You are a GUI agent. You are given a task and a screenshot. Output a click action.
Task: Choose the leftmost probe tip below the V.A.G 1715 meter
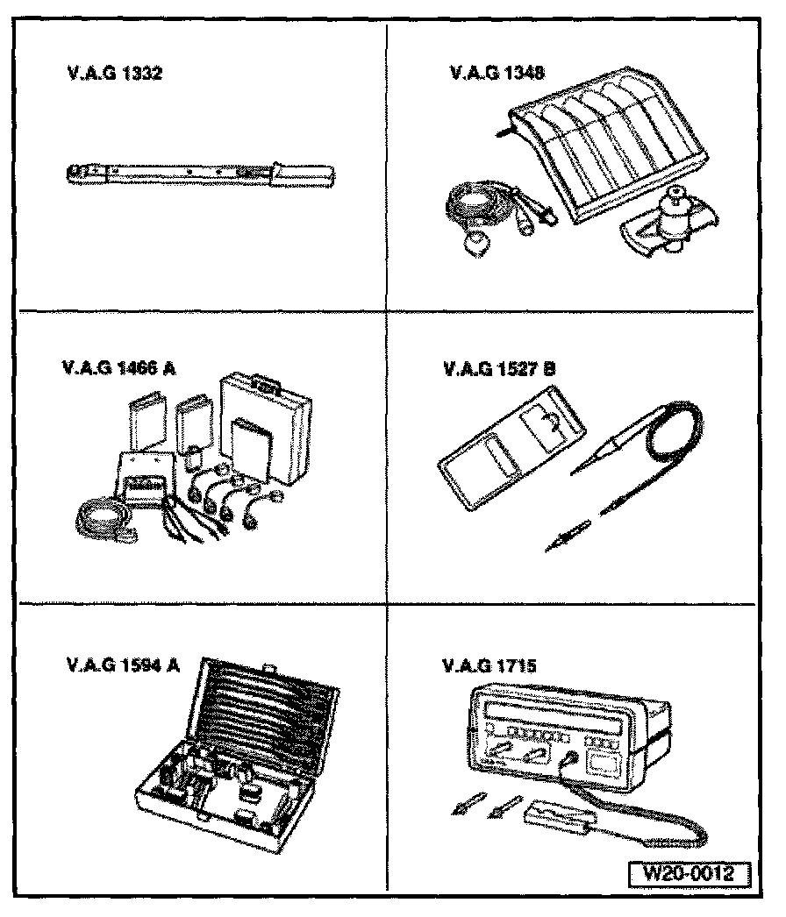(461, 807)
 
